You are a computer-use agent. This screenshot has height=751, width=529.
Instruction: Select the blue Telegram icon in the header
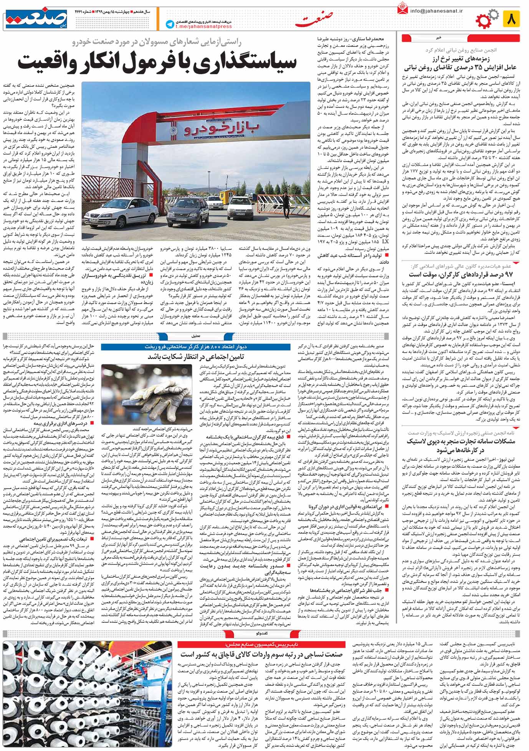(x=169, y=24)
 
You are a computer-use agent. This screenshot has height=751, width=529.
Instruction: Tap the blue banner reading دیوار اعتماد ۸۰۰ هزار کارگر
(x=196, y=346)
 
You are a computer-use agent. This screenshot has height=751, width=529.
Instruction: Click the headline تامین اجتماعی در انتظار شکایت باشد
(x=196, y=356)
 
